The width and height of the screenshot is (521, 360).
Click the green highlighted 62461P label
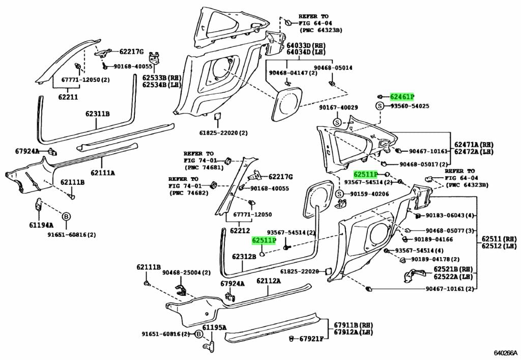tap(402, 97)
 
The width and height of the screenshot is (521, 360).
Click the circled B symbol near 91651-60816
tap(66, 217)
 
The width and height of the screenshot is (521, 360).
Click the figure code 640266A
tap(506, 353)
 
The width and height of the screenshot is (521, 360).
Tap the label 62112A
tap(268, 281)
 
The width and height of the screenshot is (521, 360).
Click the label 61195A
tap(214, 327)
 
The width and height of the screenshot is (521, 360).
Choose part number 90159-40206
tap(369, 194)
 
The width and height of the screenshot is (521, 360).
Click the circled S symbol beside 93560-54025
tap(379, 106)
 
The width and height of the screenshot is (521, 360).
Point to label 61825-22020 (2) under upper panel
tap(223, 133)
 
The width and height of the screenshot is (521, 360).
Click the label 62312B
tap(244, 257)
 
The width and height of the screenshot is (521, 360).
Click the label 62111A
tap(103, 173)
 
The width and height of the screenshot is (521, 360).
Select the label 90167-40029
tap(338, 107)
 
